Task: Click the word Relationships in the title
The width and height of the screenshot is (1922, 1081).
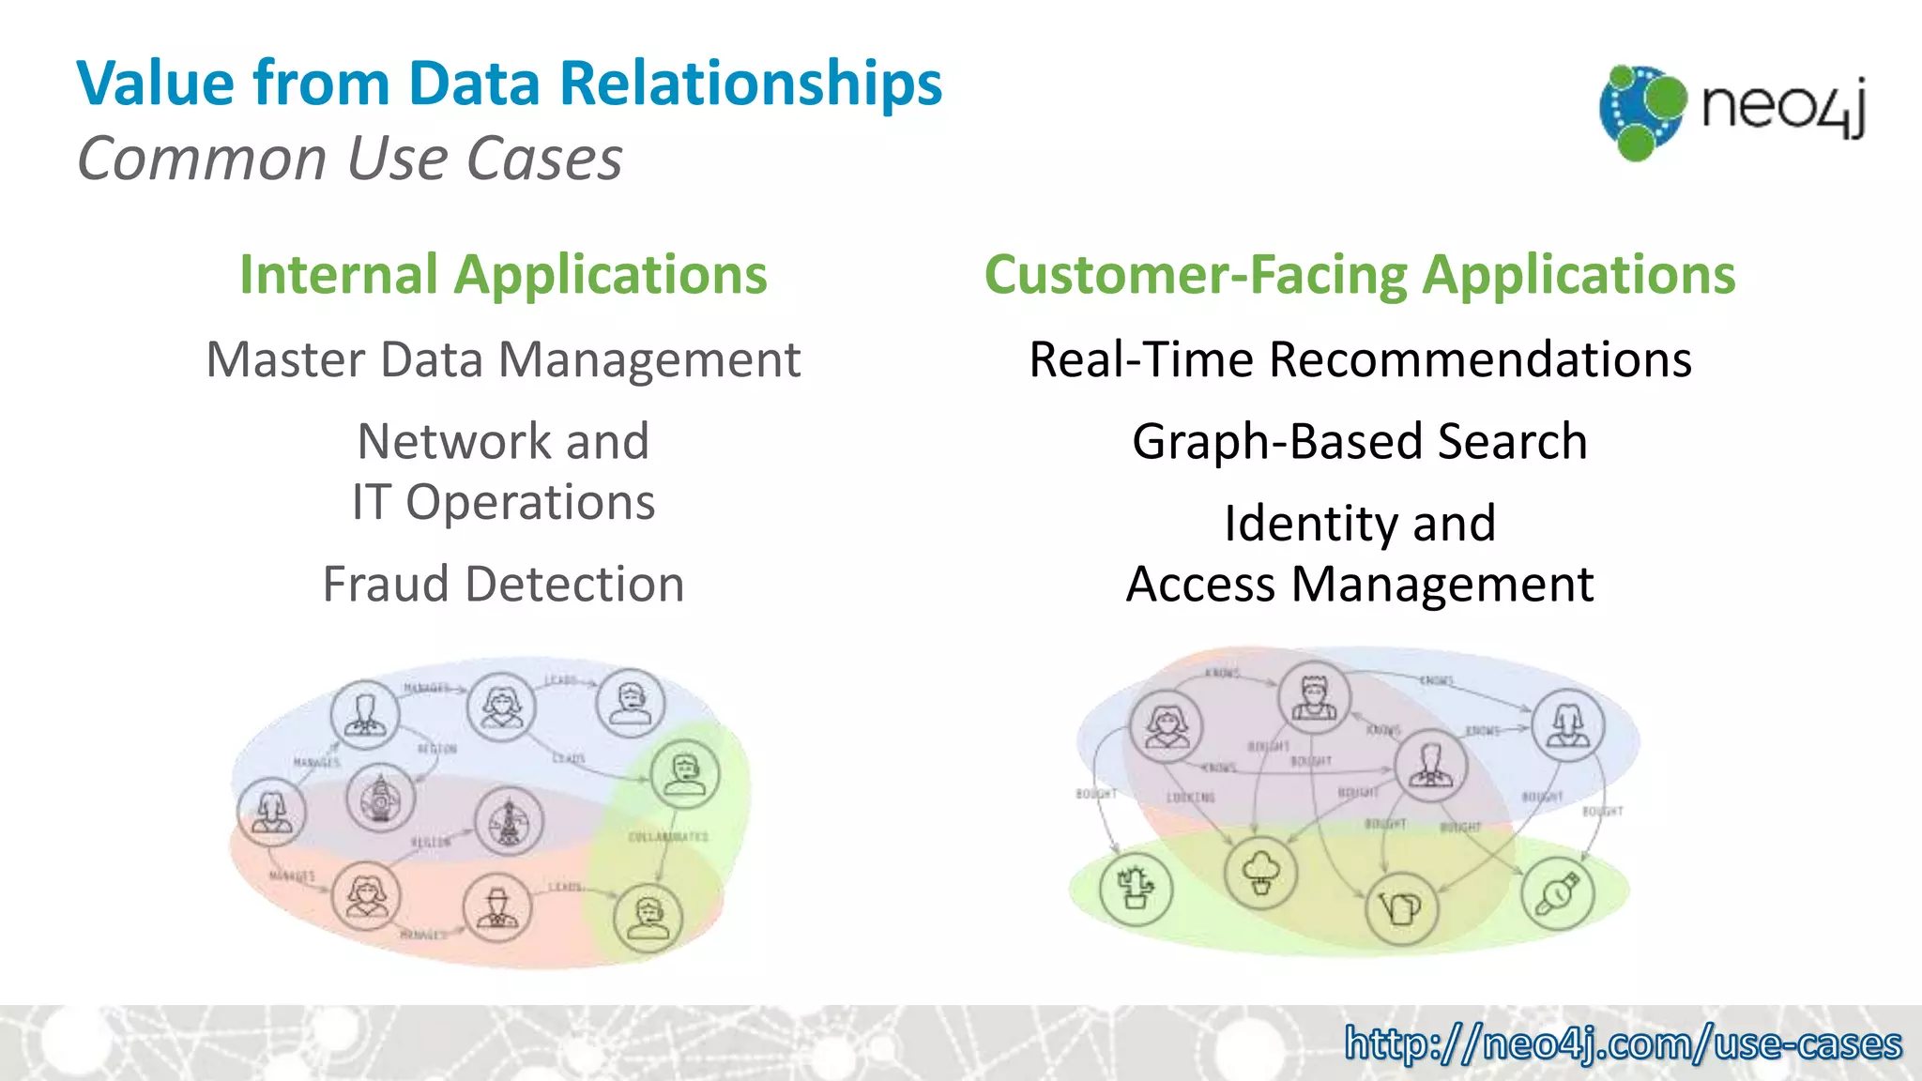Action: pyautogui.click(x=750, y=84)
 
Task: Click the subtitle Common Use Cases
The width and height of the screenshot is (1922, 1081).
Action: pyautogui.click(x=349, y=158)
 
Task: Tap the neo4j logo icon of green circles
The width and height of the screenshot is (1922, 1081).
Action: pyautogui.click(x=1642, y=112)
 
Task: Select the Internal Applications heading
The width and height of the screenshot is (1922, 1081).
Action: pyautogui.click(x=503, y=275)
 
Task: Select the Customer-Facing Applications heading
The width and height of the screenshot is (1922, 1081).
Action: pyautogui.click(x=1359, y=275)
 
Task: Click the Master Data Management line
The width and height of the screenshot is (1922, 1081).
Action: pyautogui.click(x=503, y=360)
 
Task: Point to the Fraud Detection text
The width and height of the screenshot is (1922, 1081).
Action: pyautogui.click(x=503, y=585)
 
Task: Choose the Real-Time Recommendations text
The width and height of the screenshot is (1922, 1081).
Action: pyautogui.click(x=1359, y=360)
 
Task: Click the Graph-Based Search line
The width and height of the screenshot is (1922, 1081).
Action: pyautogui.click(x=1359, y=442)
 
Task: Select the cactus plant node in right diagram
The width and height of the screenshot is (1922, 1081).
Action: pyautogui.click(x=1136, y=888)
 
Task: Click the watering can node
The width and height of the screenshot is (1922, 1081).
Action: pyautogui.click(x=1401, y=907)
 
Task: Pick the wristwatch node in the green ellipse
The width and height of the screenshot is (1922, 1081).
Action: pyautogui.click(x=1557, y=892)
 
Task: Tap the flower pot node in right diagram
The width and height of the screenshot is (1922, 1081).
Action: pyautogui.click(x=1260, y=873)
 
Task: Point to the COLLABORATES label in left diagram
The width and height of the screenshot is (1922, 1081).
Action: pyautogui.click(x=668, y=836)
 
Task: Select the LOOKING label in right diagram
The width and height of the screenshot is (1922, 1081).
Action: pyautogui.click(x=1190, y=798)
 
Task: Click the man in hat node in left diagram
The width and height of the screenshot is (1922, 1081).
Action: pyautogui.click(x=497, y=908)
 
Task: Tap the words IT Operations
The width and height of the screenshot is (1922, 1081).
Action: pyautogui.click(x=503, y=503)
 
